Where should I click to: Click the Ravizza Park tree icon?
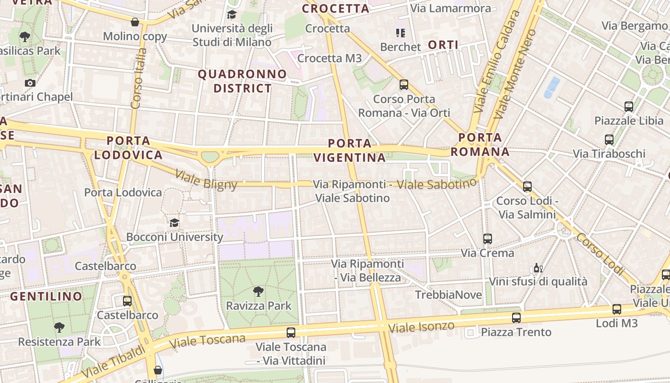pyautogui.click(x=258, y=291)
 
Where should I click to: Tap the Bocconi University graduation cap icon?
pyautogui.click(x=174, y=223)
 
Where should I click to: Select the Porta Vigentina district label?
pyautogui.click(x=350, y=150)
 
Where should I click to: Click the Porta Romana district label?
pyautogui.click(x=480, y=145)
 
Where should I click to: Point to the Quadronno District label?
pyautogui.click(x=242, y=81)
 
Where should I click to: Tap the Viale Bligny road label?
pyautogui.click(x=206, y=179)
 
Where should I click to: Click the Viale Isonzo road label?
pyautogui.click(x=421, y=327)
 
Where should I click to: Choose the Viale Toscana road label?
pyautogui.click(x=207, y=340)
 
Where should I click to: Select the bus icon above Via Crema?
pyautogui.click(x=487, y=238)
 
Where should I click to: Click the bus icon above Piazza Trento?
pyautogui.click(x=516, y=317)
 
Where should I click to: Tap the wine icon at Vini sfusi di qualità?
pyautogui.click(x=538, y=268)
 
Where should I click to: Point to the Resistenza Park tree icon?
pyautogui.click(x=59, y=327)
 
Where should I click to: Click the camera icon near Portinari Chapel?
pyautogui.click(x=30, y=83)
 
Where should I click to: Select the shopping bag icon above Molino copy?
pyautogui.click(x=135, y=22)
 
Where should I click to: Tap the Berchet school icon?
pyautogui.click(x=400, y=33)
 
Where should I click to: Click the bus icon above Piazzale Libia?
pyautogui.click(x=628, y=107)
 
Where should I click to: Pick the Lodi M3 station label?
pyautogui.click(x=616, y=323)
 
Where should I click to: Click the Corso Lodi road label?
pyautogui.click(x=601, y=254)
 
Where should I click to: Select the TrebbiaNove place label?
pyautogui.click(x=448, y=294)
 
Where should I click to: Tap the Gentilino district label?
pyautogui.click(x=46, y=296)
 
